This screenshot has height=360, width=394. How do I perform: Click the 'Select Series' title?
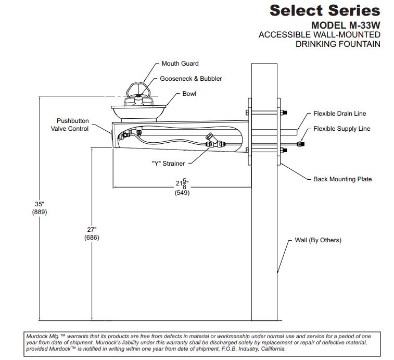pos(325,10)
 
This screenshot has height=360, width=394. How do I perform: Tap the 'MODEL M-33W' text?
pos(346,25)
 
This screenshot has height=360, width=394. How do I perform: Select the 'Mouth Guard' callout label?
pos(180,64)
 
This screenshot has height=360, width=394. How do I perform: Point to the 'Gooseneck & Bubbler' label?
pos(190,79)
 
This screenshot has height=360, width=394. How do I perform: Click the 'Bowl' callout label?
pos(189,94)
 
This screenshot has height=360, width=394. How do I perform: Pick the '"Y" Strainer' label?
pos(168,163)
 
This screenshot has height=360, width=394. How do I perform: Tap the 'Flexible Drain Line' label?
pos(339,113)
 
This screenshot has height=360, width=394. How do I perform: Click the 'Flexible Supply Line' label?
pos(341,129)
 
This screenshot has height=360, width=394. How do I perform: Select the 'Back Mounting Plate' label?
pos(342,179)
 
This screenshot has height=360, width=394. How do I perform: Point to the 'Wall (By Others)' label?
pos(318,240)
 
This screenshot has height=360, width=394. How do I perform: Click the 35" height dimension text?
pos(40,204)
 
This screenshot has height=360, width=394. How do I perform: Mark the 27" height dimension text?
pos(92,229)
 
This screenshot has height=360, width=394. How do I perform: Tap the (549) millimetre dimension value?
pos(182,192)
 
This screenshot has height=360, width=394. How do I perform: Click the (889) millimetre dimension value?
pos(40,212)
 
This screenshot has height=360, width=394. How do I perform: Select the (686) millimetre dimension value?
pos(92,238)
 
